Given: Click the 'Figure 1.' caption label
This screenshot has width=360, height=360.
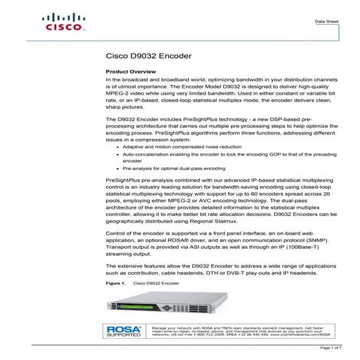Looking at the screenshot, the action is click(116, 280).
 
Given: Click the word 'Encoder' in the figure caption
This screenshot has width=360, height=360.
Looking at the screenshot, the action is click(167, 280).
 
